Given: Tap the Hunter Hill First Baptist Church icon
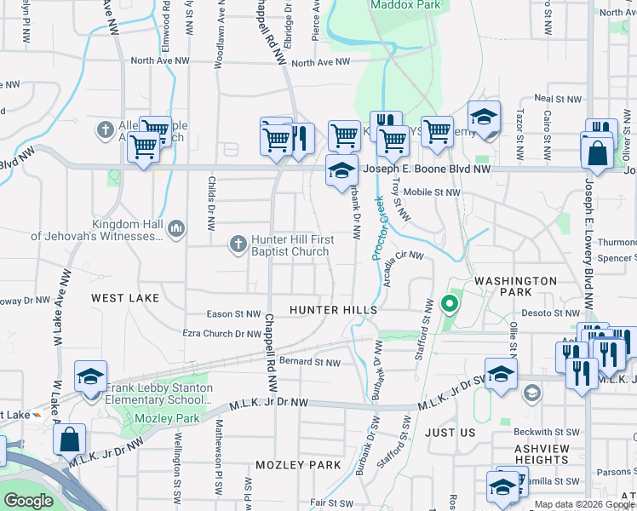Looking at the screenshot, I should [x=238, y=245].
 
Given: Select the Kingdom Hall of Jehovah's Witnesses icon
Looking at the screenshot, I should [x=176, y=228].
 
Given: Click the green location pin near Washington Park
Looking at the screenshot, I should [x=449, y=303].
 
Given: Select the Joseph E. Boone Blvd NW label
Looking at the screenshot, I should [x=427, y=169].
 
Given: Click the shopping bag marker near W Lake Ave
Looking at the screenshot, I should [x=70, y=439].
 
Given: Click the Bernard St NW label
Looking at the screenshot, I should [x=310, y=363].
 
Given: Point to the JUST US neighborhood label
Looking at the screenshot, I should [x=450, y=433].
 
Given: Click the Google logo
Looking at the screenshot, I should [x=28, y=501].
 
